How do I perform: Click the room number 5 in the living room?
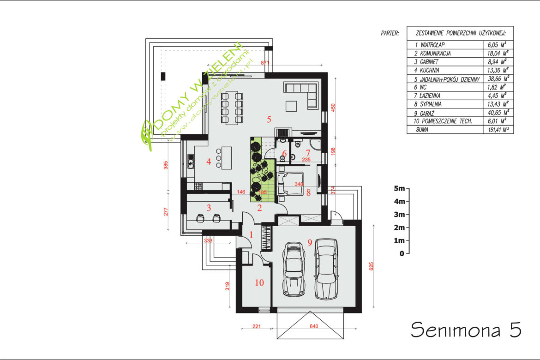click(269, 119)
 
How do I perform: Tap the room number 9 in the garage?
click(310, 243)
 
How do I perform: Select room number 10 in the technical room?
click(259, 283)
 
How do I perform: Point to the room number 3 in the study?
click(209, 208)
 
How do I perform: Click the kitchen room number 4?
click(209, 161)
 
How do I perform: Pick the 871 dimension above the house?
click(265, 63)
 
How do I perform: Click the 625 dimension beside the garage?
click(371, 266)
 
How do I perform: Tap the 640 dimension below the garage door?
click(314, 326)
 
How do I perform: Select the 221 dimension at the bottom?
click(257, 326)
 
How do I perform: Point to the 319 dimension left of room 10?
click(227, 286)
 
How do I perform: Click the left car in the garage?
click(294, 270)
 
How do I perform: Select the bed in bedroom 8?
click(290, 184)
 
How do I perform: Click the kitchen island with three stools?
click(226, 158)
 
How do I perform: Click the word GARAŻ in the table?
click(427, 113)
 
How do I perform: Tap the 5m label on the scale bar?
click(400, 188)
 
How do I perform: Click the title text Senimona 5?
click(466, 330)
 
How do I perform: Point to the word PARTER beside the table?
click(390, 33)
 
